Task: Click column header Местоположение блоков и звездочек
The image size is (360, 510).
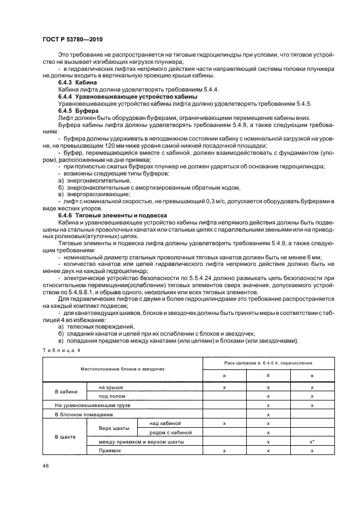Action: click(x=123, y=369)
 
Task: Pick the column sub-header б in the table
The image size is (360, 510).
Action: click(x=269, y=376)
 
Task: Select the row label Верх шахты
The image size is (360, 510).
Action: click(x=112, y=428)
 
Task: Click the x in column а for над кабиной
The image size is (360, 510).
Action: click(x=224, y=423)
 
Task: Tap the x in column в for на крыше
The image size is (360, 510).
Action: click(x=312, y=387)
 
